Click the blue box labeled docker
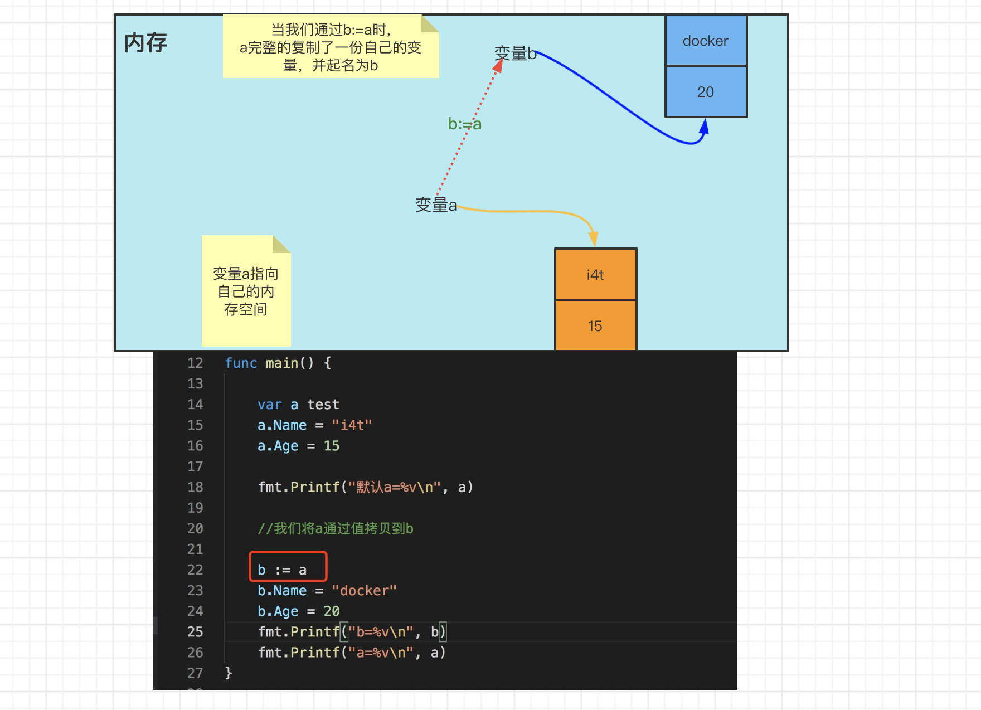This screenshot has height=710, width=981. pyautogui.click(x=706, y=41)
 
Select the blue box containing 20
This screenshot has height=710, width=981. pyautogui.click(x=706, y=92)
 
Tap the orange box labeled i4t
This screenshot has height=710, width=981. pyautogui.click(x=595, y=275)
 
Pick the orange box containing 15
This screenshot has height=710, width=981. pyautogui.click(x=595, y=326)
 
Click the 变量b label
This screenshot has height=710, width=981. pyautogui.click(x=515, y=54)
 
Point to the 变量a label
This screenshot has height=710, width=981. pyautogui.click(x=436, y=205)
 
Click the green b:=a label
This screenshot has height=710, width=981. pyautogui.click(x=464, y=124)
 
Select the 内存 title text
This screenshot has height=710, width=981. pyautogui.click(x=145, y=42)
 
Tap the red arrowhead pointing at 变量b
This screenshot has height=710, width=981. pyautogui.click(x=498, y=66)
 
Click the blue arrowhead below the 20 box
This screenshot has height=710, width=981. pyautogui.click(x=705, y=127)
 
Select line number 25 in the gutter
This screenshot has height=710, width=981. pyautogui.click(x=195, y=632)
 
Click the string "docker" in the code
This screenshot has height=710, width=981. pyautogui.click(x=364, y=591)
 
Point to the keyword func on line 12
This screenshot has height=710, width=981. pyautogui.click(x=241, y=363)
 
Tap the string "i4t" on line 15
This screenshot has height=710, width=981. pyautogui.click(x=352, y=425)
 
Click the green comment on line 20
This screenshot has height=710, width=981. pyautogui.click(x=335, y=528)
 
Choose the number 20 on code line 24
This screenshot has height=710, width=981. pyautogui.click(x=332, y=611)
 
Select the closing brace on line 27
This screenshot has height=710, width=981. pyautogui.click(x=229, y=673)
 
